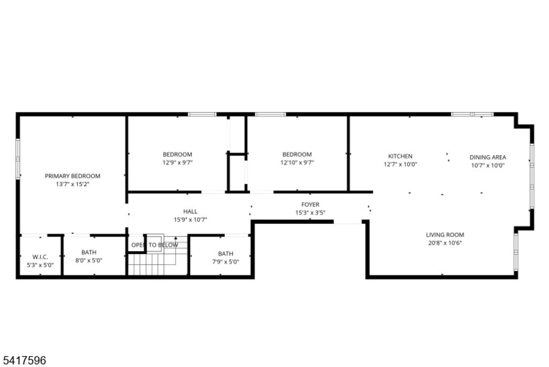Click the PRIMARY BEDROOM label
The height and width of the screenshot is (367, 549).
pyautogui.click(x=72, y=176)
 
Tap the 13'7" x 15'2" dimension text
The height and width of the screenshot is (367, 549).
pyautogui.click(x=72, y=184)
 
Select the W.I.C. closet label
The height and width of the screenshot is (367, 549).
pyautogui.click(x=40, y=257)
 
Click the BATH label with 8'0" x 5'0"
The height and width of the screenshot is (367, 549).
pyautogui.click(x=88, y=252)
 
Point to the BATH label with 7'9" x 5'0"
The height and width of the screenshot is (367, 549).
pyautogui.click(x=226, y=254)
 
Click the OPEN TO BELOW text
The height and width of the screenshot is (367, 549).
pyautogui.click(x=154, y=245)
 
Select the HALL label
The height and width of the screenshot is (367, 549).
pyautogui.click(x=190, y=212)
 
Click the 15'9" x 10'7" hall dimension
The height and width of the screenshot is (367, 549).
pyautogui.click(x=190, y=220)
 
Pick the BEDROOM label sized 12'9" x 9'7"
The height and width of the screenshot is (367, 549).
pyautogui.click(x=177, y=154)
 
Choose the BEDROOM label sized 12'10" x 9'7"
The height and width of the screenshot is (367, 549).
pyautogui.click(x=297, y=154)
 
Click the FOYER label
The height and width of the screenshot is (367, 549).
pyautogui.click(x=310, y=205)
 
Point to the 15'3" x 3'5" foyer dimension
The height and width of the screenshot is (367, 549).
pyautogui.click(x=310, y=213)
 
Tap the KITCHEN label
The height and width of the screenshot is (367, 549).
pyautogui.click(x=400, y=156)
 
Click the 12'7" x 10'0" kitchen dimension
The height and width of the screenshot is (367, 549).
pyautogui.click(x=400, y=164)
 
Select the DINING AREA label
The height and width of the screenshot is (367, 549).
pyautogui.click(x=488, y=157)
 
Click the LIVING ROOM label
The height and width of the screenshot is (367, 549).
pyautogui.click(x=445, y=235)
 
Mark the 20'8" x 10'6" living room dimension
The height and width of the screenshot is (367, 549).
pyautogui.click(x=445, y=243)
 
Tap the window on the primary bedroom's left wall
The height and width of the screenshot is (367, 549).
pyautogui.click(x=18, y=159)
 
